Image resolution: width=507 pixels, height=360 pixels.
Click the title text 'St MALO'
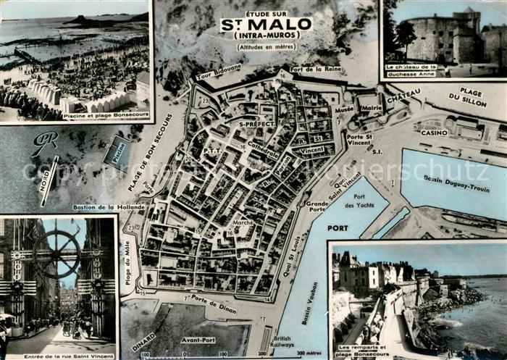click(x=266, y=25)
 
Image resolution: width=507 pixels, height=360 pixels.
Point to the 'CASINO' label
click(x=435, y=133)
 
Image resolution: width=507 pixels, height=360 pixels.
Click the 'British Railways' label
click(x=283, y=342)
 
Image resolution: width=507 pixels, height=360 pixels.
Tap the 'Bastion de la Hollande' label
click(x=109, y=207)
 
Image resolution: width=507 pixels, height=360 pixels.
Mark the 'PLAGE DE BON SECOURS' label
click(x=150, y=162)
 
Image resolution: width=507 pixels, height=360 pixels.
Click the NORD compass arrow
click(x=49, y=178)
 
